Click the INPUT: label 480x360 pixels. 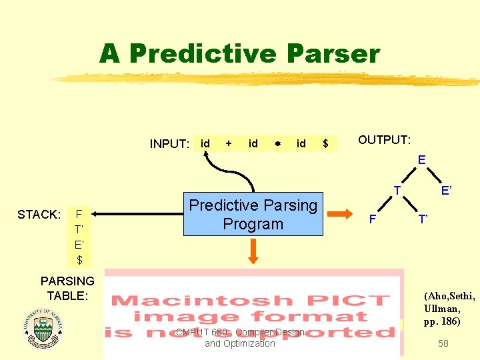170,144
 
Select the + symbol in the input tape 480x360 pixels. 229,143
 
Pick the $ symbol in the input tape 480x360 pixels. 325,143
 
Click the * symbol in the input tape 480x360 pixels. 277,144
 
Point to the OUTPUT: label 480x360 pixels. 385,140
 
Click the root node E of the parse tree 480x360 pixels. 421,160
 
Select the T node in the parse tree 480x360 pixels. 396,191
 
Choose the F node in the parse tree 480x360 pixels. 373,219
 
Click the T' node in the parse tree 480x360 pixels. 423,219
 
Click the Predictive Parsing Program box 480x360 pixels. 253,215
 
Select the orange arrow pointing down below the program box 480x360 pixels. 253,253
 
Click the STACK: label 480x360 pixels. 39,215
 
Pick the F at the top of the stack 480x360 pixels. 79,215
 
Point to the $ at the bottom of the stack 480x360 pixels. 79,259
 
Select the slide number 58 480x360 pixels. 443,343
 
